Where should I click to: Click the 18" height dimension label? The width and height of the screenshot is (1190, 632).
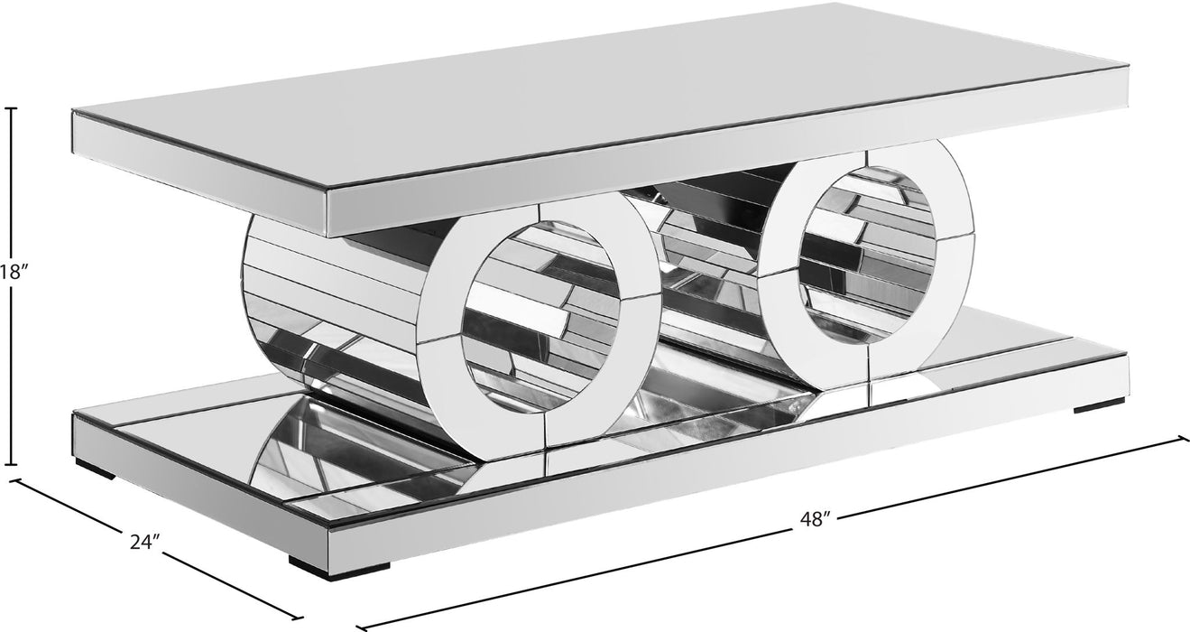click(x=10, y=273)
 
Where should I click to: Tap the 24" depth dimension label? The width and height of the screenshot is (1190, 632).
click(x=144, y=542)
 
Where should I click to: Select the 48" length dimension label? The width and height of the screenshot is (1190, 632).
click(x=814, y=519)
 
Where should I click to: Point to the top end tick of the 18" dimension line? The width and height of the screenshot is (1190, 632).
click(x=12, y=108)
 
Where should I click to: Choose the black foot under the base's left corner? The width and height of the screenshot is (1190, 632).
click(x=94, y=469)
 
